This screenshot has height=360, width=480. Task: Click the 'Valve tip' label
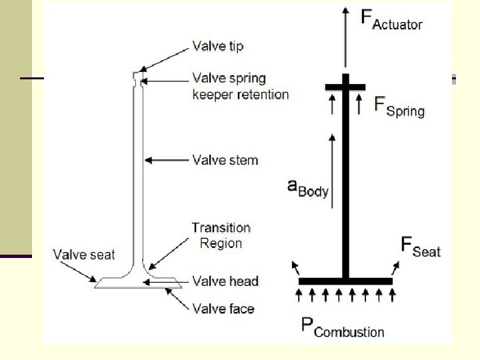218,47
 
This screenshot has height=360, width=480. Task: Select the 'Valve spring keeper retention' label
240,86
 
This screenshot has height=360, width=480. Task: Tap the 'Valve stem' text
225,160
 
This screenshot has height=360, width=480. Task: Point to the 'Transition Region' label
221,235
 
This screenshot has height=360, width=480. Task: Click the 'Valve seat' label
84,254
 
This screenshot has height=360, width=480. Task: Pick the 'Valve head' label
225,281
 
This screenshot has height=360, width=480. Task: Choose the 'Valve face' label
223,308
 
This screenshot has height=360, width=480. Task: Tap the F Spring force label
399,106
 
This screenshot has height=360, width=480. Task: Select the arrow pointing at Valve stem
167,160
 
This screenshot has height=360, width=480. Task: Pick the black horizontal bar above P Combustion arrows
345,281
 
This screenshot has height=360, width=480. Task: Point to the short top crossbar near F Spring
345,87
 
